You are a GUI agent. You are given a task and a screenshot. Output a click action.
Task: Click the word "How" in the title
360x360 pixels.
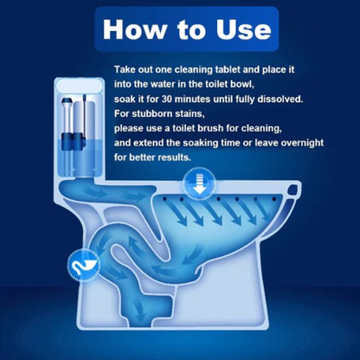pyautogui.click(x=135, y=29)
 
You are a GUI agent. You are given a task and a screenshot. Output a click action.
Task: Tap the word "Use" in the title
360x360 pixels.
pyautogui.click(x=244, y=29)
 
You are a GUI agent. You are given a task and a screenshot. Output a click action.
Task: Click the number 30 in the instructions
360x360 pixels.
pyautogui.click(x=167, y=100)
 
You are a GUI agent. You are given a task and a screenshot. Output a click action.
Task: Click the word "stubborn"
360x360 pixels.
pyautogui.click(x=152, y=113)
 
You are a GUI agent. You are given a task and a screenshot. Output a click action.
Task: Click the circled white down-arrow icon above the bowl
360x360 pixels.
pyautogui.click(x=199, y=183)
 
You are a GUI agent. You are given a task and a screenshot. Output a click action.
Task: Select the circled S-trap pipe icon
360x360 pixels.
pyautogui.click(x=84, y=265)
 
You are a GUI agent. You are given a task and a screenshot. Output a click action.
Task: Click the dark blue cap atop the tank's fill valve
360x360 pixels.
pyautogui.click(x=67, y=101)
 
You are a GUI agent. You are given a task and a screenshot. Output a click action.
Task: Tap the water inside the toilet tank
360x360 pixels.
pyautogui.click(x=79, y=157)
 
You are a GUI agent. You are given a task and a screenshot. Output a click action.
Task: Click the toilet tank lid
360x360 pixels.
pyautogui.click(x=79, y=86)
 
